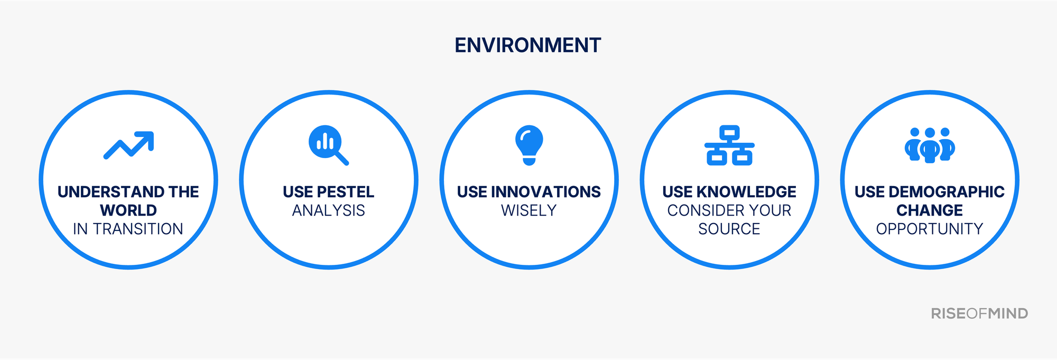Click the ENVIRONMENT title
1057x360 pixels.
(x=527, y=45)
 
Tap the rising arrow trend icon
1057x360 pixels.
(x=128, y=145)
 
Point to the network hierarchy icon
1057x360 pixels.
(x=729, y=145)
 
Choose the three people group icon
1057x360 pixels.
(x=930, y=145)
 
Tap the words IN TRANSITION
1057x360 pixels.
(x=128, y=229)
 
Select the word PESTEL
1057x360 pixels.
(x=346, y=192)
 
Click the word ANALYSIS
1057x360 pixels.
(x=328, y=210)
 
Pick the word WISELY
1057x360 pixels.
(x=528, y=210)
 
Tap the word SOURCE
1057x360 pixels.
(x=729, y=229)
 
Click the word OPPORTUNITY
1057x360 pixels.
(x=929, y=229)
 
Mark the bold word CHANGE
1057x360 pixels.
(x=929, y=210)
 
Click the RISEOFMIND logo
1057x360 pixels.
(x=979, y=313)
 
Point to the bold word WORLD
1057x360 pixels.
(x=128, y=210)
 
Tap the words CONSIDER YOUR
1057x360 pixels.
(x=729, y=210)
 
